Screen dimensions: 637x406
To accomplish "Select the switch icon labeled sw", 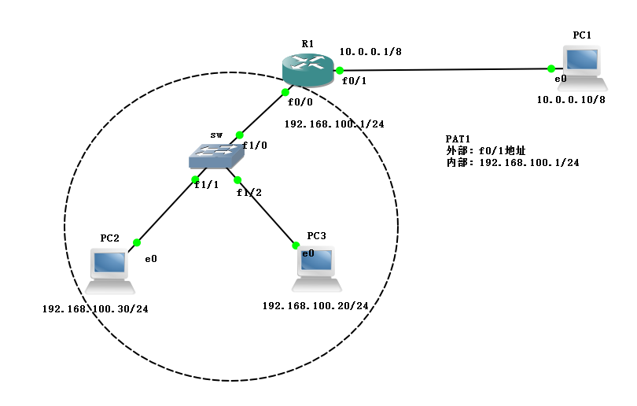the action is [216, 156].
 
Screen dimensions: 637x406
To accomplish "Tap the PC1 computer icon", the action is [582, 68].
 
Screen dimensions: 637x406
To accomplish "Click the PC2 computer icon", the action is [109, 271].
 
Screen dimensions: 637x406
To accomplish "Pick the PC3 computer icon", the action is [317, 268].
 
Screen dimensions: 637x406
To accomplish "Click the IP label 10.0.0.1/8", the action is [370, 52].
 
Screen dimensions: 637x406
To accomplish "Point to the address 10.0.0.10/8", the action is [571, 100].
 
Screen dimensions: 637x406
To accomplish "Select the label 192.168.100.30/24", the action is [95, 309].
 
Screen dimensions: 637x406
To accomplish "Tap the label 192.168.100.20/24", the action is [315, 305].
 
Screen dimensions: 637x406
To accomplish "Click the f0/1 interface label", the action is [354, 81].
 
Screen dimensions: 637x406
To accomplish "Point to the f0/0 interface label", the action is [300, 102].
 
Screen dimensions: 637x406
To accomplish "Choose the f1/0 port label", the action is [255, 145].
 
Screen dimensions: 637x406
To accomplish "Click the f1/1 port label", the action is [206, 184].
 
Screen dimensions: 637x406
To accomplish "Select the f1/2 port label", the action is [249, 192].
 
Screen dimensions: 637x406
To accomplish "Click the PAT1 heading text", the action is [458, 139].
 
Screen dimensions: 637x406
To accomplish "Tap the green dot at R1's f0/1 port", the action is [340, 71].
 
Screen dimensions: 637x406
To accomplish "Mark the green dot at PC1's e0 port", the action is [550, 68].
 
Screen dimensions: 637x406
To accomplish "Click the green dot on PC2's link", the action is [137, 242].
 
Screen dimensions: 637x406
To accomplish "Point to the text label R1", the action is [307, 43].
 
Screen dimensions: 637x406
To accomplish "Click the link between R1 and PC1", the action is [445, 70].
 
